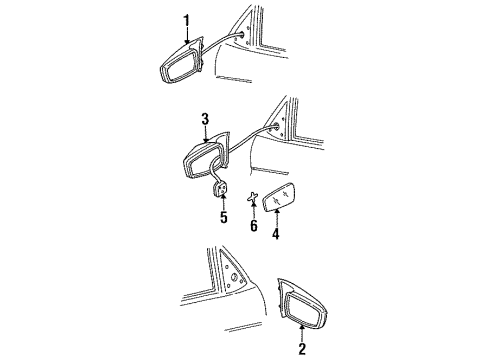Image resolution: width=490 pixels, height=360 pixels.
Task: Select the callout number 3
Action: tap(204, 118)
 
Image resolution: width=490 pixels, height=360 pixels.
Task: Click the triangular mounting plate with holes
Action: tap(240, 288)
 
